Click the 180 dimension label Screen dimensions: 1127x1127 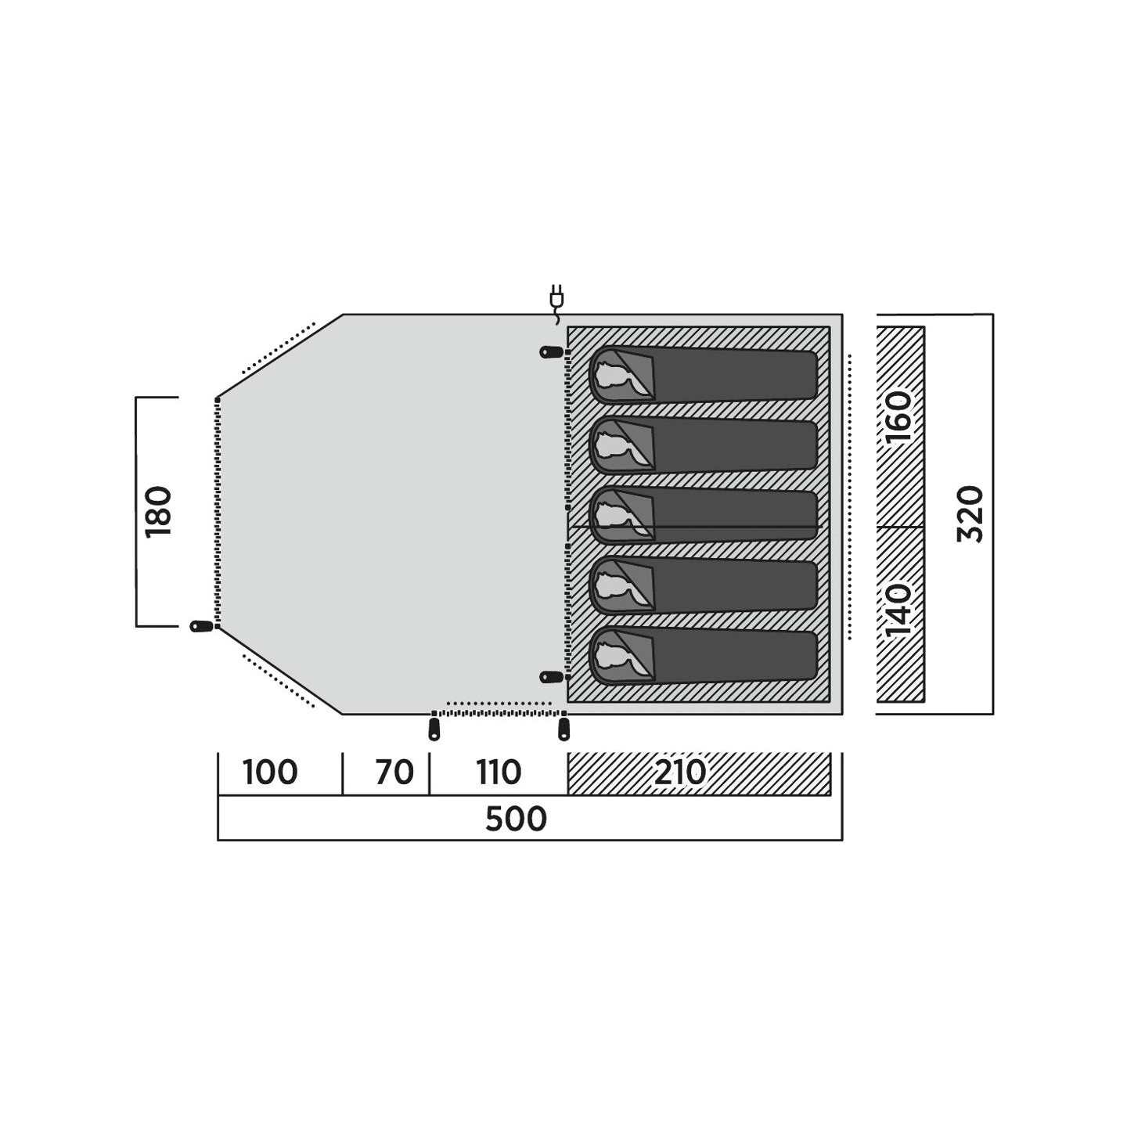click(x=159, y=511)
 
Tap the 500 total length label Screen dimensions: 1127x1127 click(x=516, y=819)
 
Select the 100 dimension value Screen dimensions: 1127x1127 click(x=269, y=772)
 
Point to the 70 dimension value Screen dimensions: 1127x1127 click(x=394, y=772)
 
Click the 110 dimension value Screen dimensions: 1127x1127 click(x=499, y=772)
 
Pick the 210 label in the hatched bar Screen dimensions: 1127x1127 click(x=680, y=772)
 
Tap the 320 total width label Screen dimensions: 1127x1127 click(x=970, y=513)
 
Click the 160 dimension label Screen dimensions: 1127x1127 click(x=899, y=417)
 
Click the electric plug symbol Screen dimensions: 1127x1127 click(x=556, y=303)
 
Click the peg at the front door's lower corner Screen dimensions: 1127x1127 click(x=203, y=626)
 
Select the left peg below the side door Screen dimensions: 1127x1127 click(x=434, y=729)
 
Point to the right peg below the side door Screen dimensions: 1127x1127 click(x=563, y=729)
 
